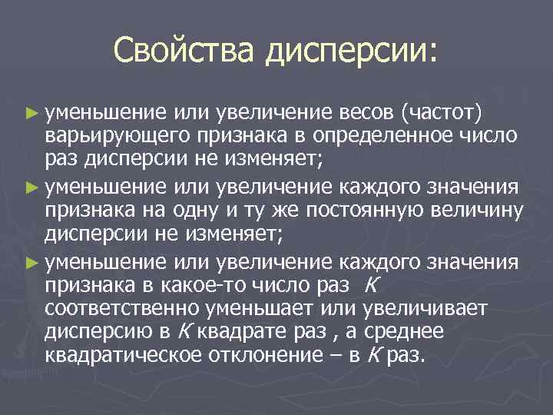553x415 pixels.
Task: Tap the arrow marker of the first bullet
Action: coord(31,115)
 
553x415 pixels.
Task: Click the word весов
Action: coord(366,114)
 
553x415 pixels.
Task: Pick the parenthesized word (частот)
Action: coord(441,114)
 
